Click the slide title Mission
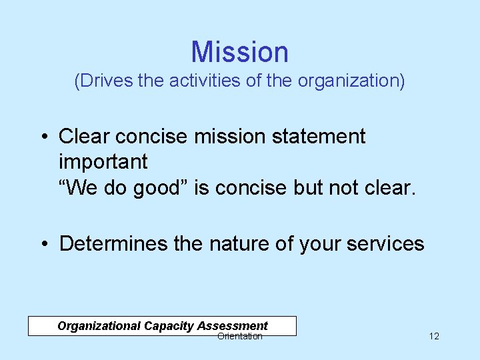[239, 52]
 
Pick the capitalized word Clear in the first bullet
[84, 137]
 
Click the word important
[103, 162]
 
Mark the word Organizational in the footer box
[98, 326]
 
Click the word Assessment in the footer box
[233, 326]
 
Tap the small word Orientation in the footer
[240, 337]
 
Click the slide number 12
[434, 336]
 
